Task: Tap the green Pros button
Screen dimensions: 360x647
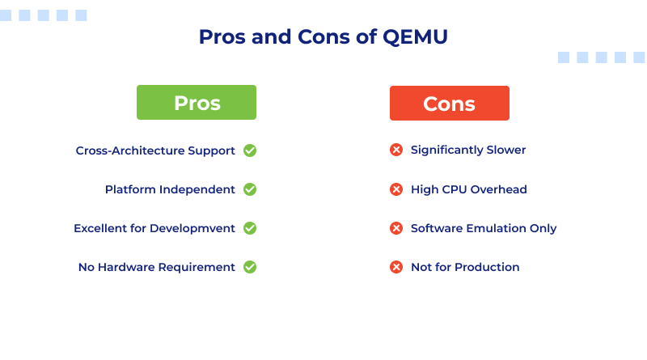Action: (197, 103)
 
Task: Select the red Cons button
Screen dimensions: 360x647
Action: (449, 103)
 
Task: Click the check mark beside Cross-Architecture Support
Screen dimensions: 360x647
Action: (250, 150)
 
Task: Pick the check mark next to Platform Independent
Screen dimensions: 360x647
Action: (250, 189)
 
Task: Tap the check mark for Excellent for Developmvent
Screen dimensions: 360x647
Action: (250, 228)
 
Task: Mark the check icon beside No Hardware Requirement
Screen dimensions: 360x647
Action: (250, 267)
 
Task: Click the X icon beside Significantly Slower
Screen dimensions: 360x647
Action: (396, 150)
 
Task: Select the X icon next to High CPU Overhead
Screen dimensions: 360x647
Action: (396, 189)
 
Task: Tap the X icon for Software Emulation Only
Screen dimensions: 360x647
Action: (396, 228)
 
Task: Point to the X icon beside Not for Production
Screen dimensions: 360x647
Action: (396, 267)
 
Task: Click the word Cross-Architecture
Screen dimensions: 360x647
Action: (133, 150)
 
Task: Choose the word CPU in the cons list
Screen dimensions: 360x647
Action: (455, 189)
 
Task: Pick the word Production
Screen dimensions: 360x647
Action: (488, 267)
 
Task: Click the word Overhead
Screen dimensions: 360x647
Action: (500, 189)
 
